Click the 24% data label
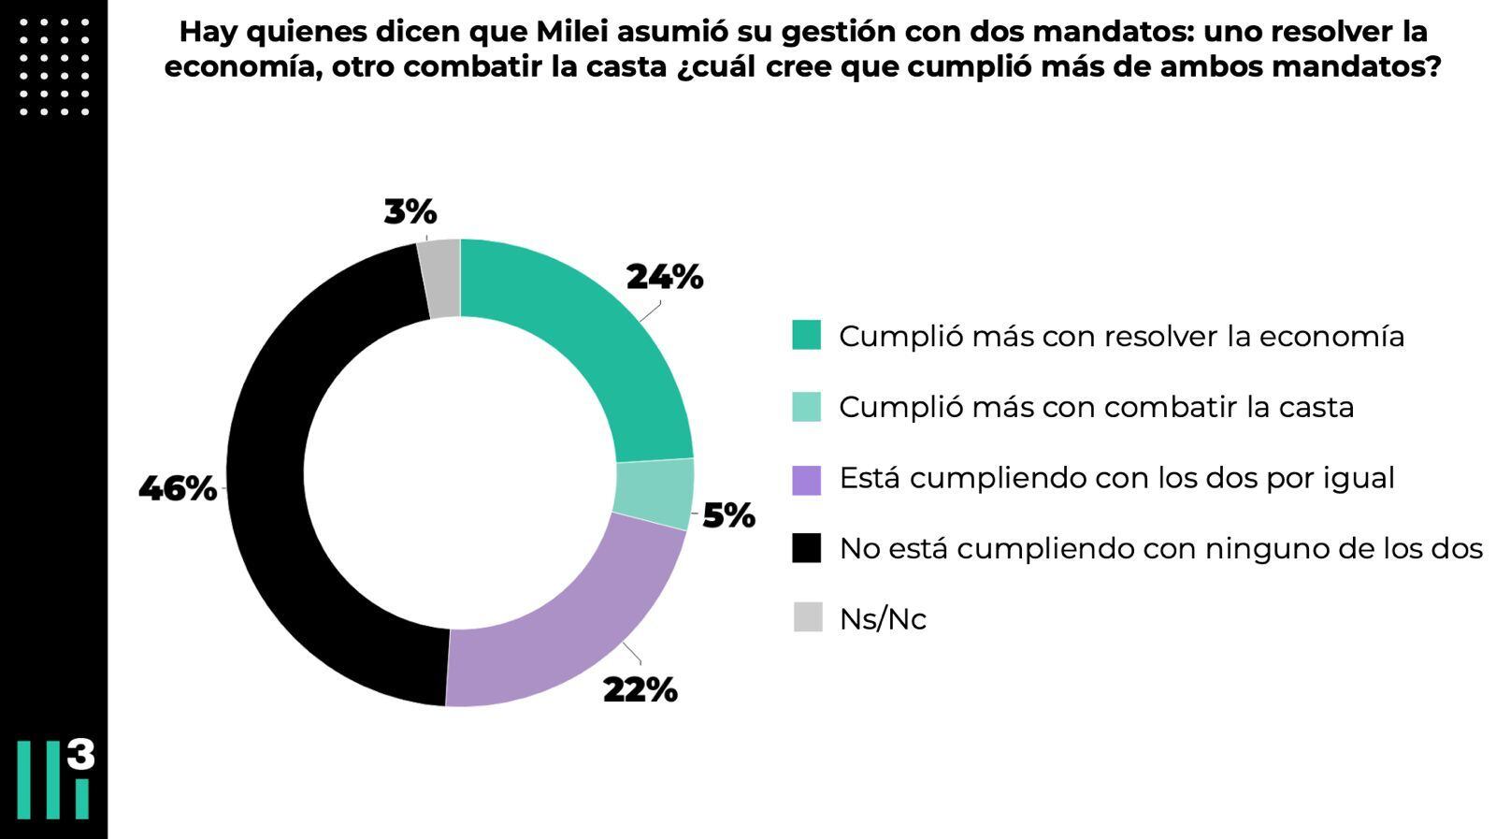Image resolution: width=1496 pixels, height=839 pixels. (664, 278)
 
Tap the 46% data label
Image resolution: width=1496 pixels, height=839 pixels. (178, 488)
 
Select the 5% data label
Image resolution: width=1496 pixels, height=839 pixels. (728, 515)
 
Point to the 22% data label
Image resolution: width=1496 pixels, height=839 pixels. (640, 690)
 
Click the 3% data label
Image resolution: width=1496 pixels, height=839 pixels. (410, 212)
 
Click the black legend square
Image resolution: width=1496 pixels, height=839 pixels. (806, 548)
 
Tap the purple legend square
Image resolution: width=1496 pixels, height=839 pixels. (806, 479)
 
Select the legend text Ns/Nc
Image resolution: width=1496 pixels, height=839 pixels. (882, 619)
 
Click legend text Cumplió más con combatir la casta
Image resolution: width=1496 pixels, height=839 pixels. (1096, 408)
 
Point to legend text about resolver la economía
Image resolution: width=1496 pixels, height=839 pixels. (1121, 337)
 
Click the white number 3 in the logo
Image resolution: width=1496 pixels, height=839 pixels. (81, 754)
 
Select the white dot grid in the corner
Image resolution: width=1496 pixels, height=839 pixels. (54, 66)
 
